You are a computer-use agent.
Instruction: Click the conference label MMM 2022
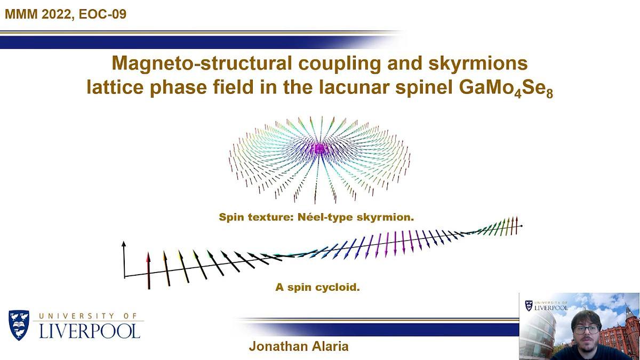[38, 14]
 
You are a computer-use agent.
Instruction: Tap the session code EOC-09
[102, 14]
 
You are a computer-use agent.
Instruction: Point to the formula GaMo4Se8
[506, 89]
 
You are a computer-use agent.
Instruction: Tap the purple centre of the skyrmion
[319, 149]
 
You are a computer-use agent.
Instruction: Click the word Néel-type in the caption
[326, 218]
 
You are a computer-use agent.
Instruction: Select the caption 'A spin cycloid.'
[317, 287]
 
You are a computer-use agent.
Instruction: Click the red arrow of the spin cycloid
[148, 270]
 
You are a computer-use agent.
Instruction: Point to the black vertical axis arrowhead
[124, 244]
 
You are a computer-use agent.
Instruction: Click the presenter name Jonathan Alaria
[299, 346]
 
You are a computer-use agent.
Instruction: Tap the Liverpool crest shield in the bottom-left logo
[19, 325]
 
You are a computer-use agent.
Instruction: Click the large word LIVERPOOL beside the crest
[90, 331]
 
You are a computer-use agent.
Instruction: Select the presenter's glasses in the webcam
[586, 330]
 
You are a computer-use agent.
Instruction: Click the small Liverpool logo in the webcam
[546, 306]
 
